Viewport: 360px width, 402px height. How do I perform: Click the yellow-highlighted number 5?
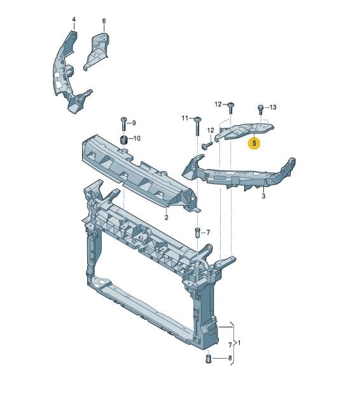pyautogui.click(x=254, y=143)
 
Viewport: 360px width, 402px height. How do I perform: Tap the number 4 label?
pyautogui.click(x=74, y=20)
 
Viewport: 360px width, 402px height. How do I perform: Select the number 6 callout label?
pyautogui.click(x=104, y=21)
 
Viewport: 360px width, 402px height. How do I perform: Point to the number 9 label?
pyautogui.click(x=134, y=123)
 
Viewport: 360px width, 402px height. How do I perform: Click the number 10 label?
pyautogui.click(x=137, y=139)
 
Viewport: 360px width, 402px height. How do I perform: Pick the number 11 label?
pyautogui.click(x=185, y=118)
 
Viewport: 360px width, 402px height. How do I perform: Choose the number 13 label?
pyautogui.click(x=273, y=107)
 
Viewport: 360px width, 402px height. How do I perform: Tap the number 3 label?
pyautogui.click(x=263, y=196)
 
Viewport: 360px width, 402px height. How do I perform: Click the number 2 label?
pyautogui.click(x=167, y=218)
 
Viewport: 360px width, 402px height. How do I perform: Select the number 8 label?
pyautogui.click(x=230, y=358)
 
